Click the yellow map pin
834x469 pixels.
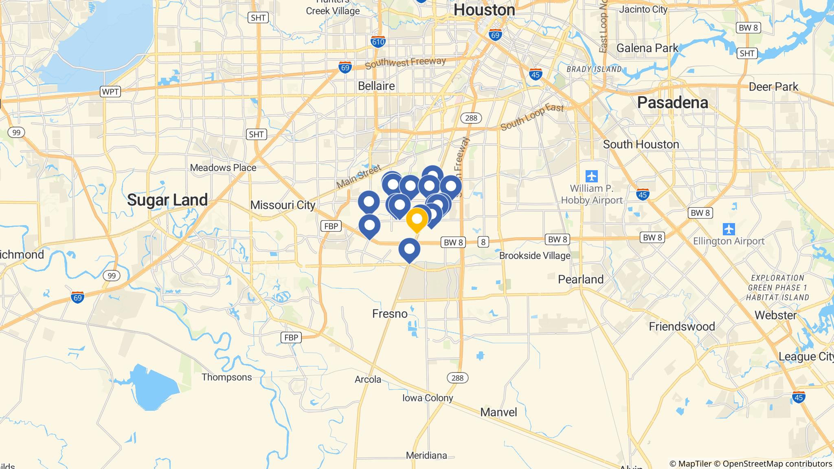click(x=417, y=219)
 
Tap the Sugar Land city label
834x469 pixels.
click(x=167, y=200)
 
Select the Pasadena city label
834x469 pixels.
click(x=672, y=103)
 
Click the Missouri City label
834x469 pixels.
click(x=283, y=205)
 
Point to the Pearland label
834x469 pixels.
click(x=581, y=279)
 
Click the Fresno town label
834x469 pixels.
click(x=390, y=313)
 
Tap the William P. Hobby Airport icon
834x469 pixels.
click(x=592, y=176)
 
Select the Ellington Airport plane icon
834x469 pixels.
click(x=729, y=229)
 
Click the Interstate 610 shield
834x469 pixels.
click(x=378, y=42)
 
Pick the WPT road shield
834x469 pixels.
click(x=110, y=92)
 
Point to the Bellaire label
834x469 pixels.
click(x=376, y=86)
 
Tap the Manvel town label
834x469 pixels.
click(x=498, y=412)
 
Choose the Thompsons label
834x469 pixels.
click(x=227, y=377)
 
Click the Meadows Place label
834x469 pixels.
click(x=223, y=167)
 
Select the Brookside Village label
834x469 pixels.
click(x=535, y=256)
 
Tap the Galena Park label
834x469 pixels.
click(x=647, y=48)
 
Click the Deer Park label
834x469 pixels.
click(x=774, y=87)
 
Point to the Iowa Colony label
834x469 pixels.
click(x=428, y=398)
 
